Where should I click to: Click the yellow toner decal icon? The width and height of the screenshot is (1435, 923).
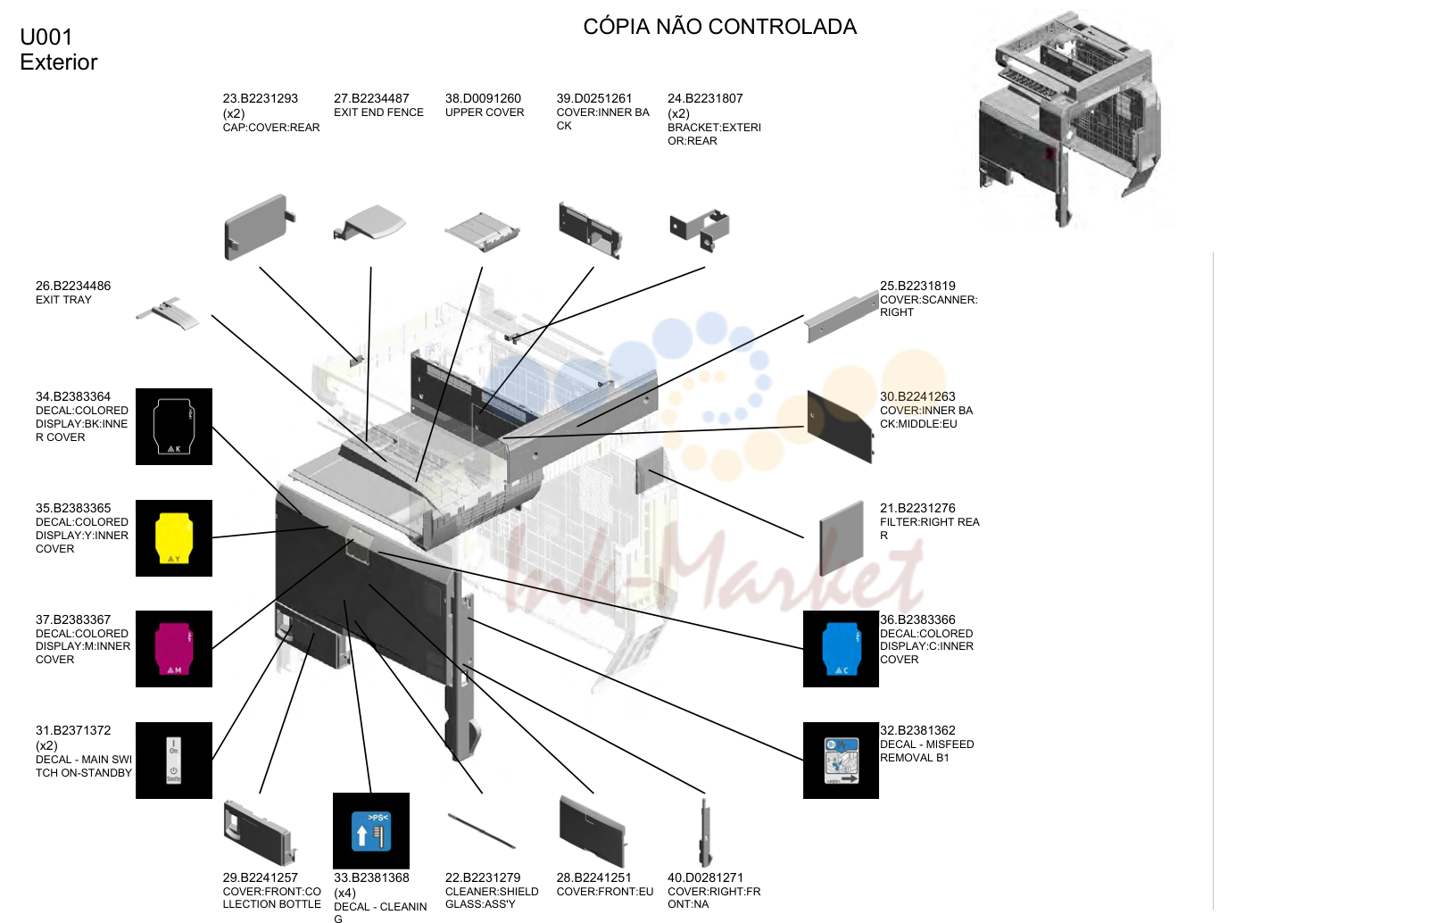click(174, 537)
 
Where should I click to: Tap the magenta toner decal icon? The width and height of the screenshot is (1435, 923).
click(174, 649)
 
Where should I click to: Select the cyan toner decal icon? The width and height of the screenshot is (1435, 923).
click(842, 649)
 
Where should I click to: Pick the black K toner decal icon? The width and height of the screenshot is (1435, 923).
click(174, 427)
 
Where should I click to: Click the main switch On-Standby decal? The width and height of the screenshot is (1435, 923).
click(174, 761)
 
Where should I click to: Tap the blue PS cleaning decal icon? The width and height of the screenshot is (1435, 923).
click(371, 831)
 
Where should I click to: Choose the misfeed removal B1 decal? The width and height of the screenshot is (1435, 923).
click(842, 761)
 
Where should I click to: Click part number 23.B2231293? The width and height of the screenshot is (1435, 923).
click(260, 99)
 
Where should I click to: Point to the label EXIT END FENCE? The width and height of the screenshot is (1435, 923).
click(378, 112)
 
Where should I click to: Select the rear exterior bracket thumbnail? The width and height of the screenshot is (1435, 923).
click(700, 229)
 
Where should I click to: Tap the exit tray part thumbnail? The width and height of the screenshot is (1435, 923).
click(168, 313)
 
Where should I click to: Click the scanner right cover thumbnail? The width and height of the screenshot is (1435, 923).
click(842, 317)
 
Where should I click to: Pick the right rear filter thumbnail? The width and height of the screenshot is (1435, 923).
click(842, 537)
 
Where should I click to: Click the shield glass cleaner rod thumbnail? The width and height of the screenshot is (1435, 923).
click(482, 831)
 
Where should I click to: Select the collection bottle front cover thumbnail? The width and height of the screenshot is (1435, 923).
click(260, 831)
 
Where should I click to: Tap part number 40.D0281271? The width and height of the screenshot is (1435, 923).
click(705, 878)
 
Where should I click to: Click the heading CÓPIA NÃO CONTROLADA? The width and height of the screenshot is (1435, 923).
click(719, 27)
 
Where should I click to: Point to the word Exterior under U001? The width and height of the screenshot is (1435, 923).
click(59, 62)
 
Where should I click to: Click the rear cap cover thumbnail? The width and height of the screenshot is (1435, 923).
click(258, 228)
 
